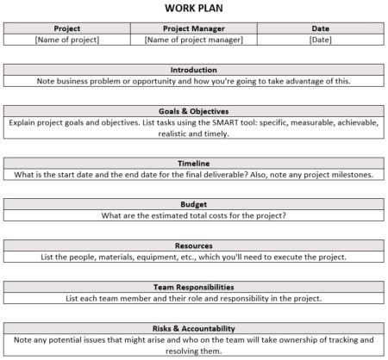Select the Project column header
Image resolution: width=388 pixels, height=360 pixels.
[x=66, y=28]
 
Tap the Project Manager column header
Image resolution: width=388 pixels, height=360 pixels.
[x=194, y=28]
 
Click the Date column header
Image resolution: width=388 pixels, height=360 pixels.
[x=321, y=28]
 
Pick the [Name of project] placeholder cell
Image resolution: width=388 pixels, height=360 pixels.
[x=66, y=40]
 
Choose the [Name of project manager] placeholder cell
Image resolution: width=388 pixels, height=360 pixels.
[x=194, y=40]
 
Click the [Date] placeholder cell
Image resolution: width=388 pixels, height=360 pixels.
[x=321, y=40]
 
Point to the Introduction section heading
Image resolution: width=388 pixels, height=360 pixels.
[x=194, y=70]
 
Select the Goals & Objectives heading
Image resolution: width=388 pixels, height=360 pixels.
[x=194, y=110]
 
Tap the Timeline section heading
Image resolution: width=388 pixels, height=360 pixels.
[x=194, y=163]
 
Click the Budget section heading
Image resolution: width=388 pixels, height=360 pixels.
[x=194, y=204]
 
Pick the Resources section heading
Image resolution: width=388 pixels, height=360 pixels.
[x=194, y=245]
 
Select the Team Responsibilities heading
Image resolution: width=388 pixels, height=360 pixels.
[x=194, y=287]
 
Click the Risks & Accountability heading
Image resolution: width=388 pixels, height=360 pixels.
[x=194, y=327]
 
